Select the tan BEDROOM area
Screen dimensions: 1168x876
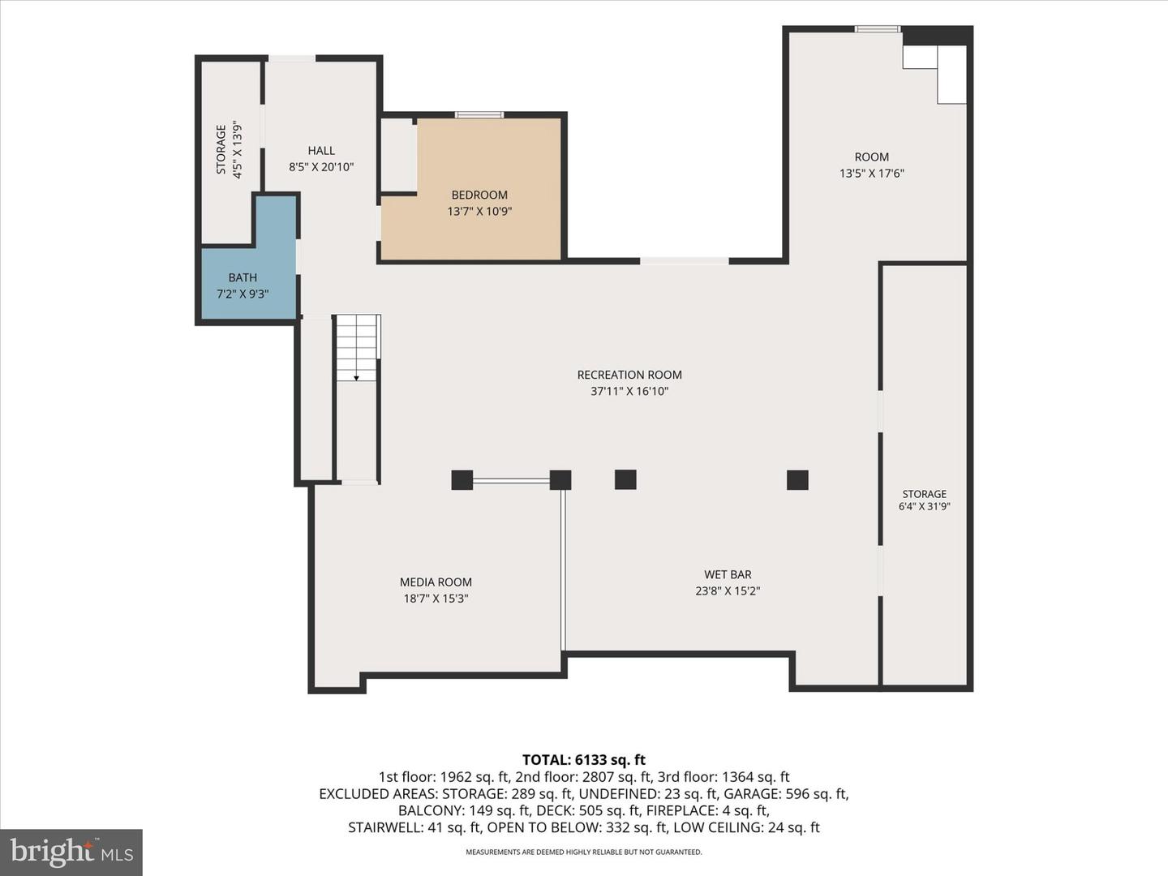point(479,202)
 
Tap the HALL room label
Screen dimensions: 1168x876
point(321,151)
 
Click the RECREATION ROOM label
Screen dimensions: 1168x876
point(629,375)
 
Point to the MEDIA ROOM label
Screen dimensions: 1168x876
point(436,582)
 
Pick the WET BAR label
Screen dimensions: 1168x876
point(728,574)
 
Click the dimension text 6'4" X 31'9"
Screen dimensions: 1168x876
point(925,506)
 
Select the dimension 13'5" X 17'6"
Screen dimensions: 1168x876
point(872,174)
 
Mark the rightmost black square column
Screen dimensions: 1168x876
point(797,479)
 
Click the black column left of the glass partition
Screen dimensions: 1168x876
point(462,479)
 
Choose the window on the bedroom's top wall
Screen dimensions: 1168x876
point(479,115)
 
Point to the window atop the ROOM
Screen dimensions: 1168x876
point(878,28)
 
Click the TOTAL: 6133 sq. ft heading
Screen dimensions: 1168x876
point(584,759)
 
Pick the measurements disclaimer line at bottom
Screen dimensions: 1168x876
point(584,852)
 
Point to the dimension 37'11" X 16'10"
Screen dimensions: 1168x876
point(629,392)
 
